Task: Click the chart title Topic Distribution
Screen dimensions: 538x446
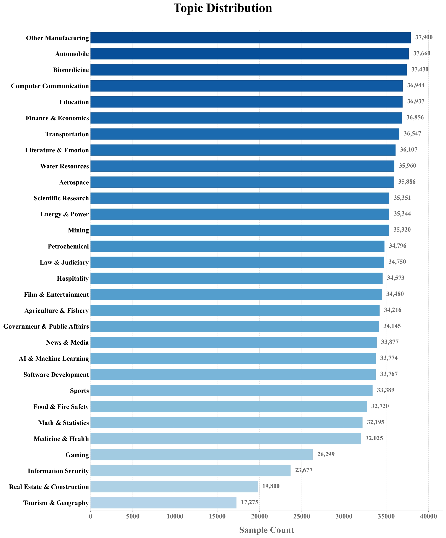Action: [x=223, y=8]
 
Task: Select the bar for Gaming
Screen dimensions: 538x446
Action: [x=201, y=454]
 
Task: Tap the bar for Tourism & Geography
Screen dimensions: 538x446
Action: [x=163, y=503]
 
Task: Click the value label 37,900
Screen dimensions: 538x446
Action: [x=424, y=37]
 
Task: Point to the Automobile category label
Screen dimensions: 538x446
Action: [x=72, y=54]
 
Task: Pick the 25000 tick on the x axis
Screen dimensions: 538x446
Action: [x=301, y=517]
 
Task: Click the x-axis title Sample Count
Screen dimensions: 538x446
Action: [x=266, y=530]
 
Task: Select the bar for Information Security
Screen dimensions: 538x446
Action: [x=190, y=471]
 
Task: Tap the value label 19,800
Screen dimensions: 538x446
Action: [x=271, y=486]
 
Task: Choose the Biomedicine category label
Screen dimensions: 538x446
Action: [x=71, y=70]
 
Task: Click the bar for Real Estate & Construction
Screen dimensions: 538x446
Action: [x=174, y=487]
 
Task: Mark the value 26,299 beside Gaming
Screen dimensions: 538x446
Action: [x=326, y=454]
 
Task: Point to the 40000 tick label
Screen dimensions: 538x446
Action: [x=428, y=517]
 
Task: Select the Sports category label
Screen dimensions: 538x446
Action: [x=79, y=391]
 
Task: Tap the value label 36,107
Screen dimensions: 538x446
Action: [x=408, y=149]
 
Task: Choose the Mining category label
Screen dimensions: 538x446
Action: [x=78, y=230]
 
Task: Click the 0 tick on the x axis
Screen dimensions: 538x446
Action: [x=90, y=517]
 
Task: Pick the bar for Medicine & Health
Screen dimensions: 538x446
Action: [x=225, y=439]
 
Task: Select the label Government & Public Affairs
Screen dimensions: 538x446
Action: [x=46, y=326]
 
